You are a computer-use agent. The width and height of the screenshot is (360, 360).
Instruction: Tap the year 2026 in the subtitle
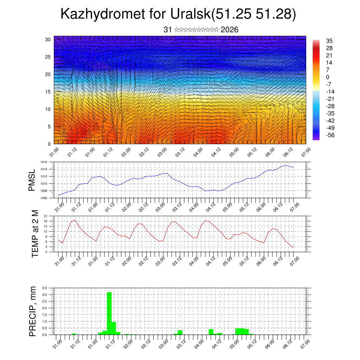(230, 30)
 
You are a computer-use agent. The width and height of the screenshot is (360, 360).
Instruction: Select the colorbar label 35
(329, 41)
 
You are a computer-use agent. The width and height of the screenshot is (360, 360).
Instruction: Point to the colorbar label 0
(328, 77)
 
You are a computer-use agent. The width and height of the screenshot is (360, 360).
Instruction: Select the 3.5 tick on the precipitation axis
(45, 288)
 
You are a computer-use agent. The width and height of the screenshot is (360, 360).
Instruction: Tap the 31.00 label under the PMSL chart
(59, 207)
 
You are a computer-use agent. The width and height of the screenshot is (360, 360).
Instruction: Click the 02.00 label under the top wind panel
(126, 153)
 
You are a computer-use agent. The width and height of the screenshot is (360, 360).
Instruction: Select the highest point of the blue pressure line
(285, 165)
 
